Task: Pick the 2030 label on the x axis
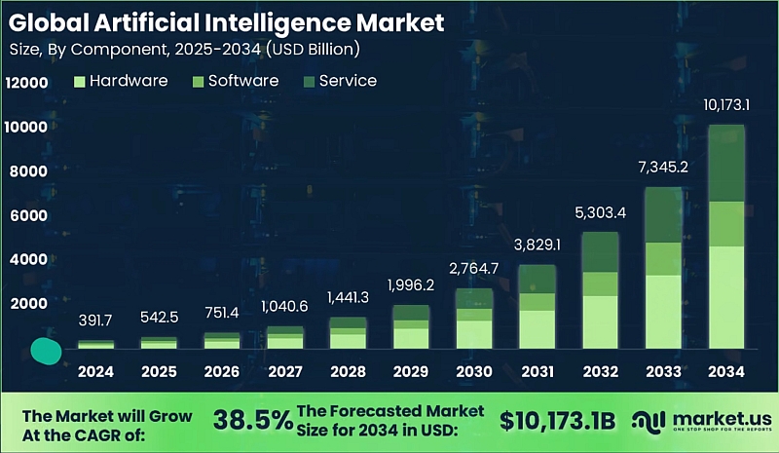(474, 371)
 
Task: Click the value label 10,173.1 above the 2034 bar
(726, 104)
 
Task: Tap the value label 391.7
(95, 320)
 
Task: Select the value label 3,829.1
(537, 244)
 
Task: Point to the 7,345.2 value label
(663, 167)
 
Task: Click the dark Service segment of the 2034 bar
(726, 164)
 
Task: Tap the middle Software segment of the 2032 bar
(600, 283)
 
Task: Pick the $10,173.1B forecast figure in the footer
(557, 420)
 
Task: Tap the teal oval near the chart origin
(45, 351)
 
